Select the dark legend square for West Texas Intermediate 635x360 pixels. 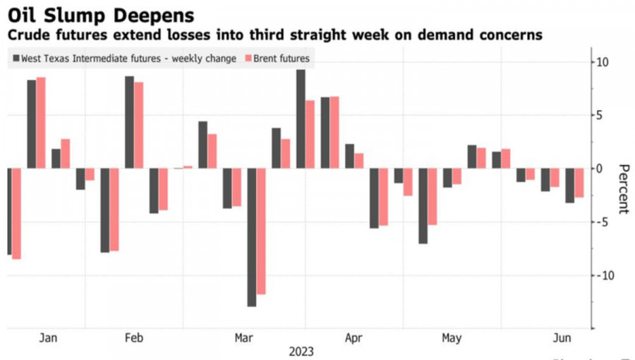click(x=15, y=59)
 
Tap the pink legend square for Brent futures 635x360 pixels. click(x=247, y=59)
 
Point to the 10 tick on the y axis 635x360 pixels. click(x=603, y=62)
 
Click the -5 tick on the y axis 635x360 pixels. click(x=602, y=222)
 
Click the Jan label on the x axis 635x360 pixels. click(x=48, y=338)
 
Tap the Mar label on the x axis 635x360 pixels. click(x=243, y=338)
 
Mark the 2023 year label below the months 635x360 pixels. click(x=301, y=351)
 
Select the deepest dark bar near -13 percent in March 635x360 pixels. click(x=252, y=236)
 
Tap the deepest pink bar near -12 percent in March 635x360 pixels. click(x=261, y=231)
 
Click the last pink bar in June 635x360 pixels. click(x=579, y=183)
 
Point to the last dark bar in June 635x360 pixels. click(x=569, y=185)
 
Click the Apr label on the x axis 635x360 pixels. click(x=353, y=338)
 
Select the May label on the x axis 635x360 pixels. click(x=452, y=338)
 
